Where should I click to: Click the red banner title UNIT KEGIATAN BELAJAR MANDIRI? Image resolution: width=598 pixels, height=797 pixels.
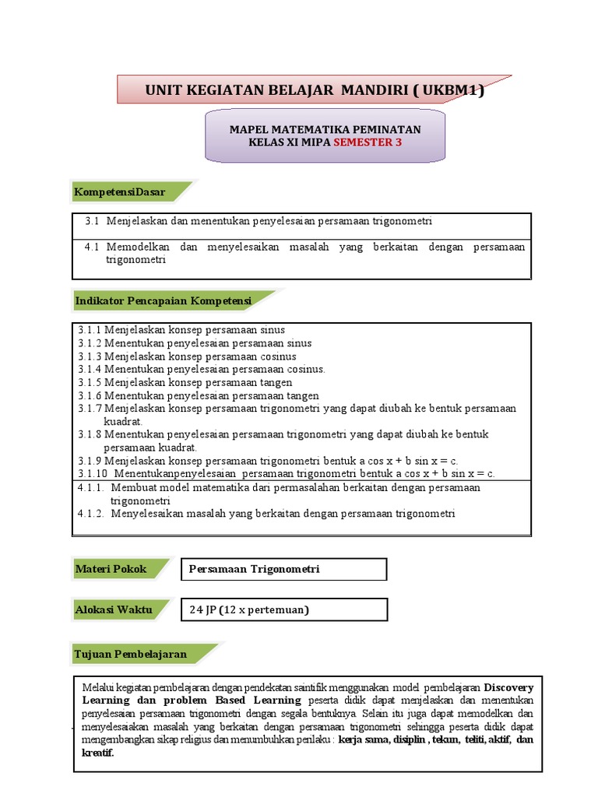(x=314, y=90)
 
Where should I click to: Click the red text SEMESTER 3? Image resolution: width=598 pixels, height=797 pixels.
(x=368, y=142)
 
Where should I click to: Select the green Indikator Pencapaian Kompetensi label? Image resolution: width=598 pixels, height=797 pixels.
(x=163, y=300)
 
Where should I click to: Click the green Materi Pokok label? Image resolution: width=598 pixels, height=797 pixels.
(x=111, y=569)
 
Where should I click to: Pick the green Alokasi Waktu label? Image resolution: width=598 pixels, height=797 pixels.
(x=113, y=609)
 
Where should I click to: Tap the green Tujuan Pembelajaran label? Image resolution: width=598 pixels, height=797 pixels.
(x=131, y=654)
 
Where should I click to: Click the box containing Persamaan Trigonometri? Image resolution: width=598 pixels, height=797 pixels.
(x=283, y=569)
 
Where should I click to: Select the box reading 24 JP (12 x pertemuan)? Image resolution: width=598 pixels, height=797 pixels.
(x=283, y=609)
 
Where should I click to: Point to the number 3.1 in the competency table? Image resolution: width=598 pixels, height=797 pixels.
(x=93, y=221)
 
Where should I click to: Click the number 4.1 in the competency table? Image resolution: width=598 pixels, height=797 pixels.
(x=93, y=247)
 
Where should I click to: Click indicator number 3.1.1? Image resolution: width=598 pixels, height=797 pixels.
(x=90, y=330)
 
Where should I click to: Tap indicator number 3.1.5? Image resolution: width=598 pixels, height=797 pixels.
(x=90, y=382)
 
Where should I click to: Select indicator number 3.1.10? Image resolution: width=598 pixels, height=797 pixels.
(x=92, y=473)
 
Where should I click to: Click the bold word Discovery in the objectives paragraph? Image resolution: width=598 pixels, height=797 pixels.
(x=508, y=688)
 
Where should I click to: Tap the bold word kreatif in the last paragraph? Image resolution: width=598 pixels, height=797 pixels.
(x=98, y=753)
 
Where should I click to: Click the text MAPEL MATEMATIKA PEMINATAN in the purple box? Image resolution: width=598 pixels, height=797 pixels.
(x=325, y=129)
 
